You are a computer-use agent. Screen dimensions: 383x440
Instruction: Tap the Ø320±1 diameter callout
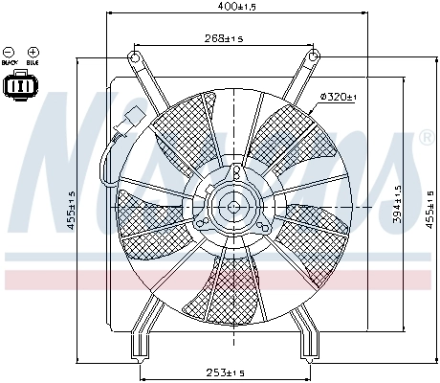pos(338,98)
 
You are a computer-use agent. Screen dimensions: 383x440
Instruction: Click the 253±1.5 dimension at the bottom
pos(226,372)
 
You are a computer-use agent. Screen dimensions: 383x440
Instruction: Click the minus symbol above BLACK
pos(10,51)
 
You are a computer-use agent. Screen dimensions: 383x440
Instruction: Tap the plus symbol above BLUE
pos(33,51)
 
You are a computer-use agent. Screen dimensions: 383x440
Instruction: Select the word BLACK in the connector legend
pos(10,63)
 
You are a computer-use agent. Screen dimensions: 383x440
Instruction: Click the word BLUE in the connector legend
pos(33,63)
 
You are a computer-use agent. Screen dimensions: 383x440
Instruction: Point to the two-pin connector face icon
pos(20,86)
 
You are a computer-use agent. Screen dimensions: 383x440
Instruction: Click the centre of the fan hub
pos(233,204)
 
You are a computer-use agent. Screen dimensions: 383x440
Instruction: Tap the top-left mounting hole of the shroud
pos(135,59)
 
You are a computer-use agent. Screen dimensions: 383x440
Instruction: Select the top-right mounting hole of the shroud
pos(312,59)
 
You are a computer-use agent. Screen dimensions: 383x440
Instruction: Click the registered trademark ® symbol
pos(426,139)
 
